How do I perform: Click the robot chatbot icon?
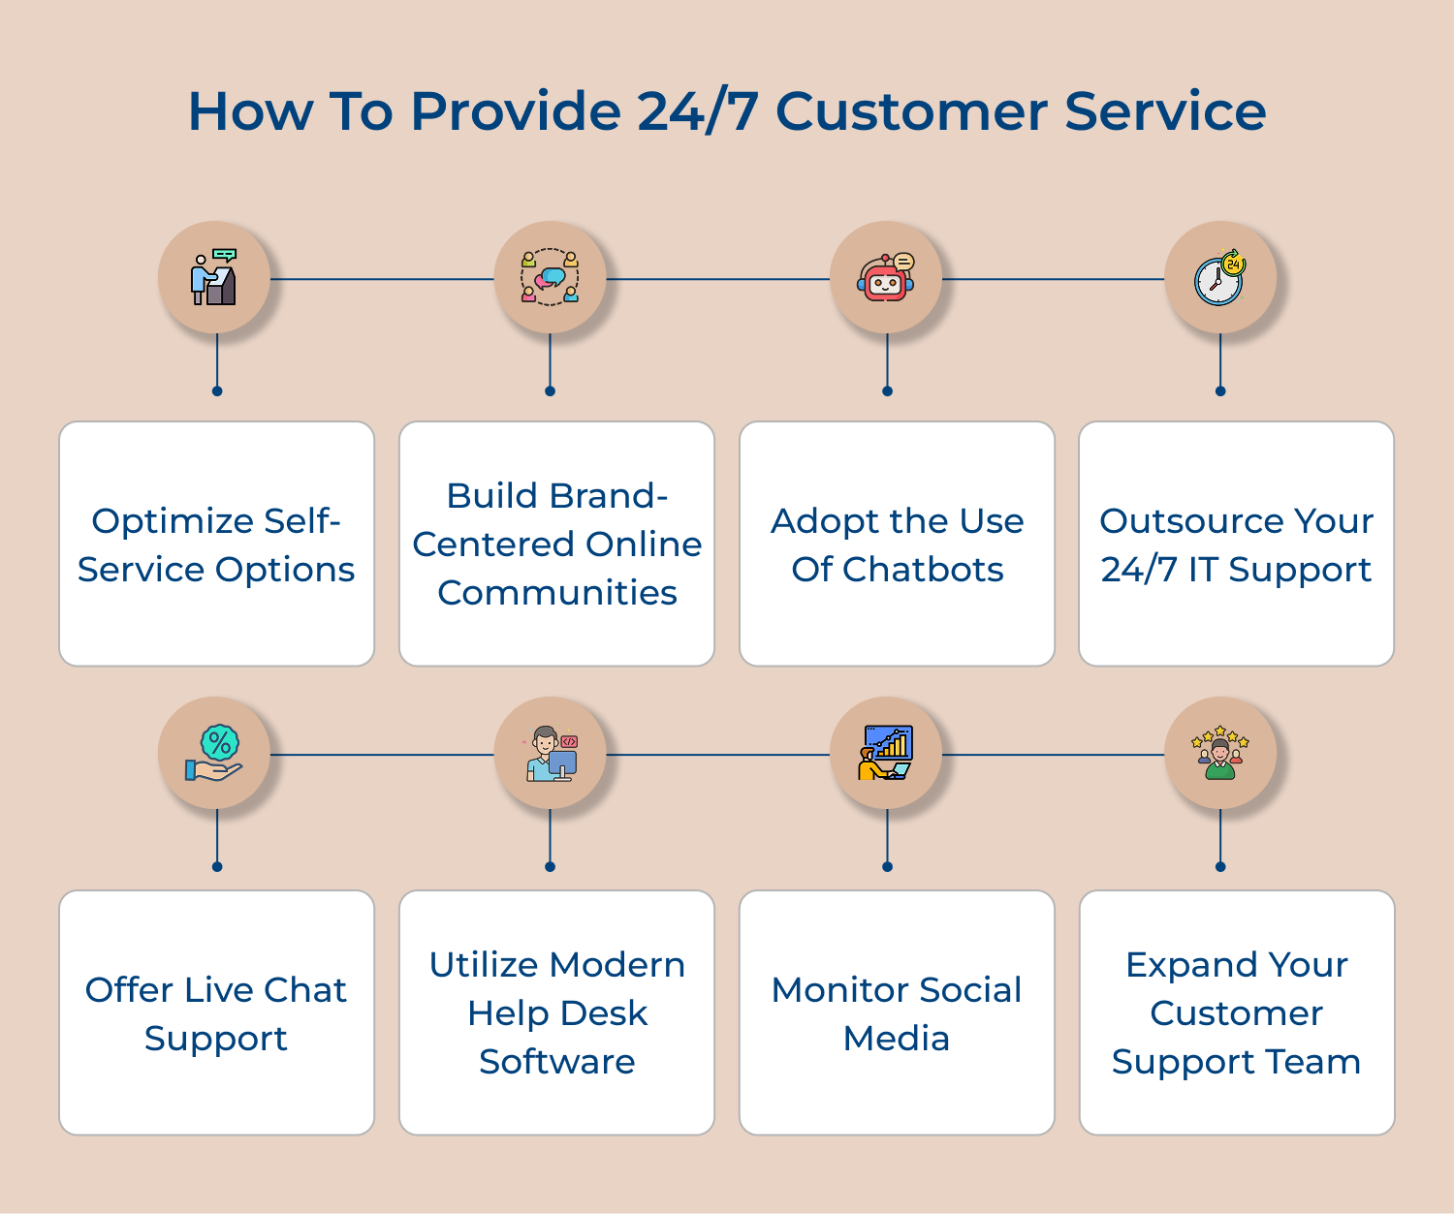886,278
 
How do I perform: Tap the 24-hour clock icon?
1219,278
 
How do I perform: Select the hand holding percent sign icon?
215,754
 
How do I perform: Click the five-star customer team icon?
1219,754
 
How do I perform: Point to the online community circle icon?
550,278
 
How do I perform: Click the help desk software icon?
550,754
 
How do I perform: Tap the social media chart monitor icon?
886,754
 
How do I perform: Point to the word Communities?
556,593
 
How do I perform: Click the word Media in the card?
897,1039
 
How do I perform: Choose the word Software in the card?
556,1062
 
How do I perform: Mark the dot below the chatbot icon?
887,391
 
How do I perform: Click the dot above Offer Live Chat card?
217,866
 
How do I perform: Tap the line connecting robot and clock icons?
1053,279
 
